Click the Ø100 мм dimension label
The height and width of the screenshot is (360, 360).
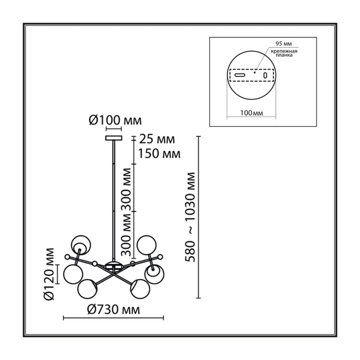(x=115, y=121)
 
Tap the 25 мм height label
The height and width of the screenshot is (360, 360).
(x=157, y=139)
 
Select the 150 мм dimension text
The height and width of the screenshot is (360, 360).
(x=159, y=153)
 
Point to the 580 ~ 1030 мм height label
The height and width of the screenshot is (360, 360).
(x=190, y=217)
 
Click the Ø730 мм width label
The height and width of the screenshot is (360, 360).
(x=113, y=310)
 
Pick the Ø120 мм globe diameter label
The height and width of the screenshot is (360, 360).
(x=49, y=274)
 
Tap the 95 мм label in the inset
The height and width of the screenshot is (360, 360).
(x=283, y=44)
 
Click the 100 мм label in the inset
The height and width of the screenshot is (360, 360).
(x=252, y=113)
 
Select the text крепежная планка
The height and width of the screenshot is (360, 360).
(x=284, y=53)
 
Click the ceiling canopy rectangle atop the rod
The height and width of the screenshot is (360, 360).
(x=114, y=138)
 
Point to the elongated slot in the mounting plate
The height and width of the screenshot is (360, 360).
(x=240, y=75)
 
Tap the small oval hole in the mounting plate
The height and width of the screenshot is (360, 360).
(x=265, y=75)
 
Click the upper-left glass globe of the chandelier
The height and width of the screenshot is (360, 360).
(x=81, y=245)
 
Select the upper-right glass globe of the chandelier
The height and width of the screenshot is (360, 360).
(x=147, y=245)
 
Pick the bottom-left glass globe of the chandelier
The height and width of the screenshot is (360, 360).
(x=87, y=289)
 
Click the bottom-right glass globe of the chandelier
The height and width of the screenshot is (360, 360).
(x=140, y=289)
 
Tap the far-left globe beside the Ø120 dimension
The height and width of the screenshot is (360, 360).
(x=73, y=274)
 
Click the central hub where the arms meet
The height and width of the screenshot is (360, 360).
(x=114, y=265)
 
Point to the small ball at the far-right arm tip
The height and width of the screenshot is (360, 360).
(x=160, y=257)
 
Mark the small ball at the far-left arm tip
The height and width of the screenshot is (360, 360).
(x=67, y=257)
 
